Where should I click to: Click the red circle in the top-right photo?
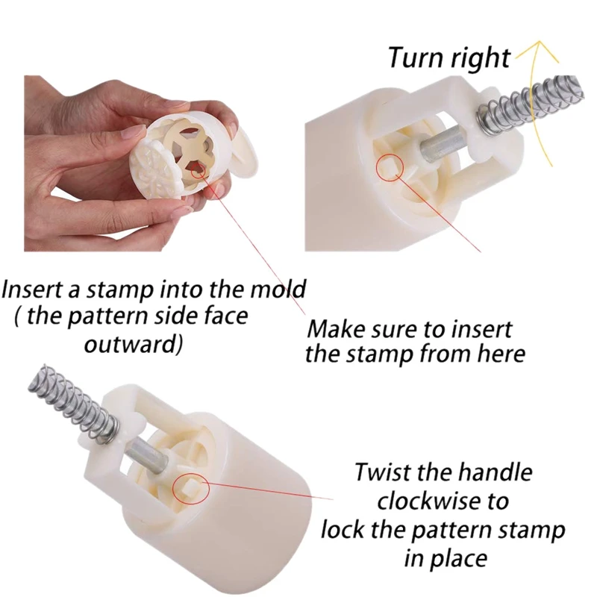(x=390, y=167)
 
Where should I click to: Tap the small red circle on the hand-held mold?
(x=198, y=170)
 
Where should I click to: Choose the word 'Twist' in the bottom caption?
(x=384, y=472)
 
